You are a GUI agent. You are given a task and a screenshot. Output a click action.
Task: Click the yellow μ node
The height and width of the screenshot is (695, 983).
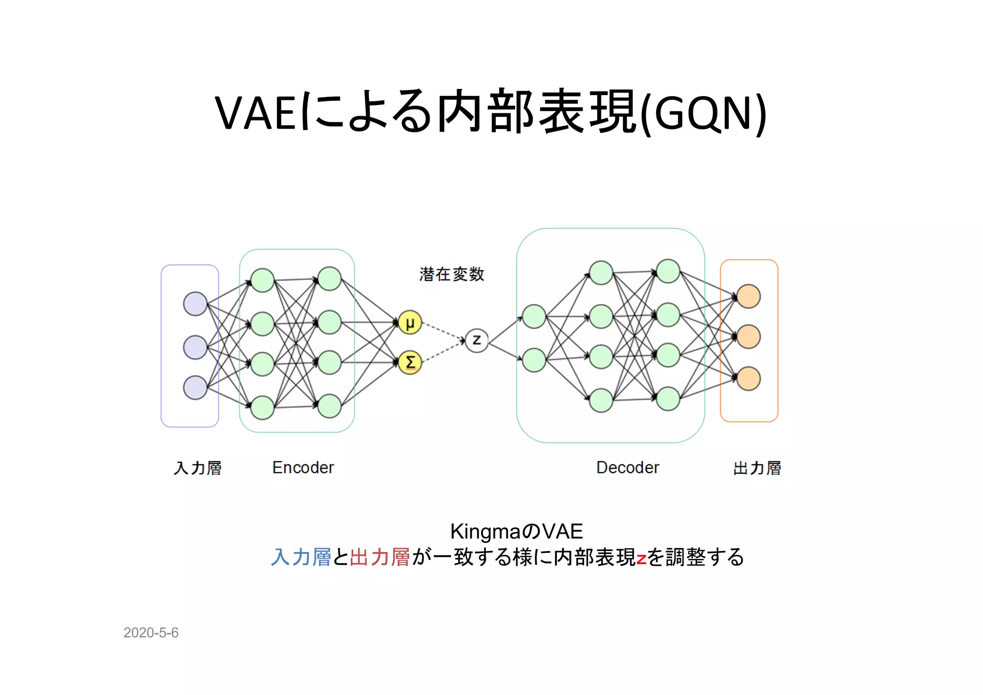(x=409, y=323)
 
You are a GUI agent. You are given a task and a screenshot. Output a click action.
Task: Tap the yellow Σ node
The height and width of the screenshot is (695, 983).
(x=409, y=362)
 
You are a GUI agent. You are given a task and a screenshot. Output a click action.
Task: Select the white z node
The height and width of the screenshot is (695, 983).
(x=477, y=340)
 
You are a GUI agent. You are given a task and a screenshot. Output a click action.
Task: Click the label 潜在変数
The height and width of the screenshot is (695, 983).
(x=451, y=274)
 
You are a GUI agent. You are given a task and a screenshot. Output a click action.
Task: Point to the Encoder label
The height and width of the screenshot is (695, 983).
(x=303, y=467)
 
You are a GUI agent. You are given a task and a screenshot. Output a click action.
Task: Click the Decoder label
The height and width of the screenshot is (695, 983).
(x=627, y=467)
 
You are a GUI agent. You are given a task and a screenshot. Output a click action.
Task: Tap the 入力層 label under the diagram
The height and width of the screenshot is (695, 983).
(x=197, y=468)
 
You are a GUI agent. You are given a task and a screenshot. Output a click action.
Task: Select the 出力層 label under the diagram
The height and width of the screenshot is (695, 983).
(x=757, y=468)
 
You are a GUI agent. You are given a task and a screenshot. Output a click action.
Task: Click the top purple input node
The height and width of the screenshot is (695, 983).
(x=195, y=303)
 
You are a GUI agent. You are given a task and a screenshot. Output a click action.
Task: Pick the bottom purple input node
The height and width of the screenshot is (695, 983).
(x=195, y=387)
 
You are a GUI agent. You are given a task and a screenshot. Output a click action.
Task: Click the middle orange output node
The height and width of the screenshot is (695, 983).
(x=748, y=337)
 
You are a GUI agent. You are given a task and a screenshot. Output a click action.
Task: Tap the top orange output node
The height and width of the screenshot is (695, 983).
(x=748, y=296)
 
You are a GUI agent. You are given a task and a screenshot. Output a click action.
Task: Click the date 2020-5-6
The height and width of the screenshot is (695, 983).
(x=151, y=633)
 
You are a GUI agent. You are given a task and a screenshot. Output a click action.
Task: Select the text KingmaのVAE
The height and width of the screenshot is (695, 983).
(x=516, y=531)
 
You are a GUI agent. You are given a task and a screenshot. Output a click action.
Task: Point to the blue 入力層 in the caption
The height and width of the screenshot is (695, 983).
(x=301, y=557)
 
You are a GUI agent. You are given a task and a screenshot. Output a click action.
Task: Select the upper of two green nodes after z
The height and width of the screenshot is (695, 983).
(x=534, y=317)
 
